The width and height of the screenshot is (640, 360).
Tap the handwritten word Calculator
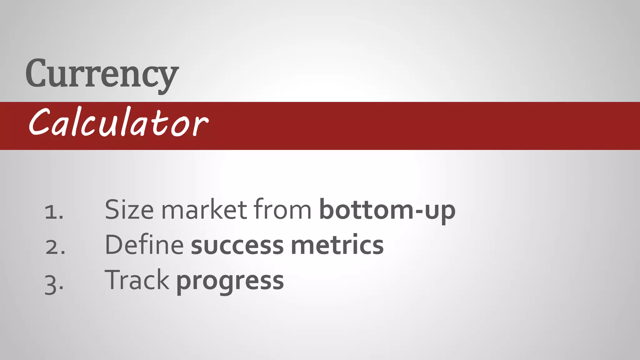point(118,122)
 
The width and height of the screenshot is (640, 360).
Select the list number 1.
point(54,212)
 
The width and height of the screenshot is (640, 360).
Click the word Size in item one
point(129,210)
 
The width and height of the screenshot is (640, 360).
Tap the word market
point(204,210)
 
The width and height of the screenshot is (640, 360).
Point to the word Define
point(144,245)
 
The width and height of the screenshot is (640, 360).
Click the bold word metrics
point(337,245)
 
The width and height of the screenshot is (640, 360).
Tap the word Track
point(137,280)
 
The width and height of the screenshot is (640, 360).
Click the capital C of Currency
point(36,73)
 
